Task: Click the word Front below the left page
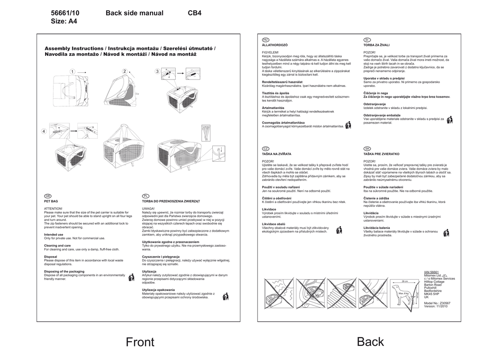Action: pos(140,342)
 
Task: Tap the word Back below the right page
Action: pos(370,342)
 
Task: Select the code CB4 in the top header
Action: pos(194,13)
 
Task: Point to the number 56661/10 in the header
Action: pos(65,13)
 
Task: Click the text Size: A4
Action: pos(64,22)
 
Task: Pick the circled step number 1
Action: pos(72,71)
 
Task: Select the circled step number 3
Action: pos(157,71)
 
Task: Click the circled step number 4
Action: pos(44,131)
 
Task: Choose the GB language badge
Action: pos(47,196)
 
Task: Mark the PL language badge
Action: pos(146,196)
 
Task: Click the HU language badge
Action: pos(265,39)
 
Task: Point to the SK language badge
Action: pos(367,149)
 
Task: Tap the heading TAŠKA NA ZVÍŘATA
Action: pos(277,154)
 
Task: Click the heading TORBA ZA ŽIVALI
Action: pos(376,45)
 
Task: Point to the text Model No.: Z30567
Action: pos(437,303)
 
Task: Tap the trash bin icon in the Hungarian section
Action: pos(348,125)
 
